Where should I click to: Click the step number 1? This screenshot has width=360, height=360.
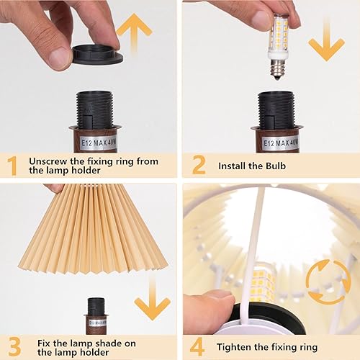12,166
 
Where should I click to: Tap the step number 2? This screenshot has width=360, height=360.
199,166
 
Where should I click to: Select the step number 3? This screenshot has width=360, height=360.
12,346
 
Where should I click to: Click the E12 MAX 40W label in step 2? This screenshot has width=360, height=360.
277,141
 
